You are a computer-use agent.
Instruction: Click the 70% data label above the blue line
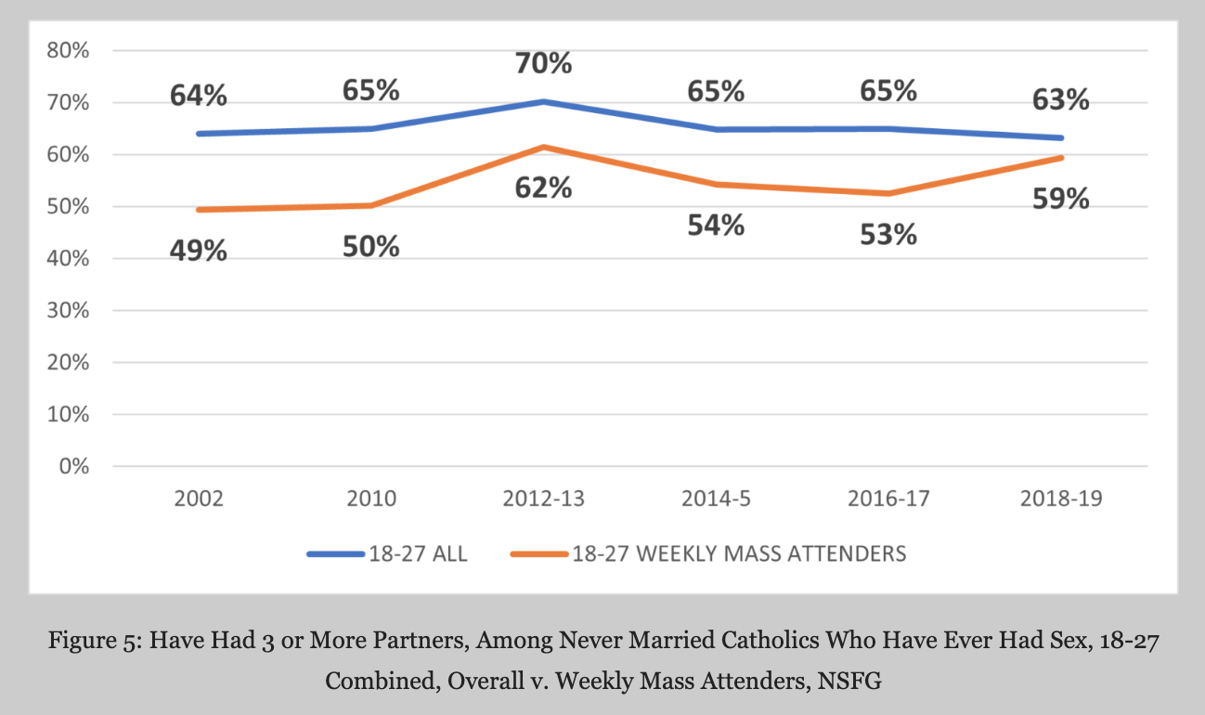pos(544,64)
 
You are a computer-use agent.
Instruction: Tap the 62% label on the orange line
pos(544,188)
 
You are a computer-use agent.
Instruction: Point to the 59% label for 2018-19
pos(1061,199)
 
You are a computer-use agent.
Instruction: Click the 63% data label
pos(1061,100)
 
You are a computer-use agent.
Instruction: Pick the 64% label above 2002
pos(198,96)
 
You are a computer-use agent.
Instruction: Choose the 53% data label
pos(888,234)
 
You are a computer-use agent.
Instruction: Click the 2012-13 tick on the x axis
pos(544,500)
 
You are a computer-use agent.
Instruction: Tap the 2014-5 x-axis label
pos(716,500)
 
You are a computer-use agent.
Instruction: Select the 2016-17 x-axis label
pos(888,500)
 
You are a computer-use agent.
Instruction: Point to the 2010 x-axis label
pos(371,500)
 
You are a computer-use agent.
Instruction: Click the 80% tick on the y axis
pos(69,51)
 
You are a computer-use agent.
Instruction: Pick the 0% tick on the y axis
pos(73,466)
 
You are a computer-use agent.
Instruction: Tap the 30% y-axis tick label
pos(69,311)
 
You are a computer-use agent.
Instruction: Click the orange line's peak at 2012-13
pos(544,147)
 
